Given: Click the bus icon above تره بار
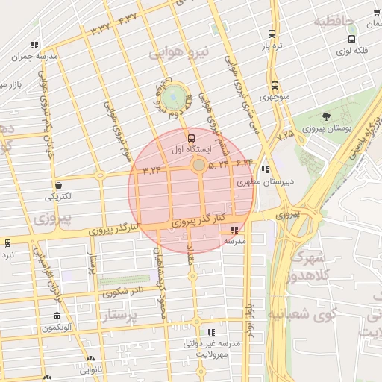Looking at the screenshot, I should (x=271, y=34).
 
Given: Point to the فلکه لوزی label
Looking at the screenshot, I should (x=351, y=51).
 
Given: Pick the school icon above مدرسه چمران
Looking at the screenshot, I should (x=35, y=46).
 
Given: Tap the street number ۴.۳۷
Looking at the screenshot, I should (x=128, y=17).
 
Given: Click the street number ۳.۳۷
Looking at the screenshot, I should (x=99, y=28).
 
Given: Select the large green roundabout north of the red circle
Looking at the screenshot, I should (x=173, y=96).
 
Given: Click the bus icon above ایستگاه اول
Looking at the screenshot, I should (x=191, y=138).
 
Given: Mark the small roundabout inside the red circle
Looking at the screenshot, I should (x=199, y=164).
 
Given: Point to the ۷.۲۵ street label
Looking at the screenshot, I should (x=285, y=137).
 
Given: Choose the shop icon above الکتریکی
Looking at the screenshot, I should (x=58, y=185).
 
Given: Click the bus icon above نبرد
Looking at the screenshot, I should (x=7, y=242).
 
